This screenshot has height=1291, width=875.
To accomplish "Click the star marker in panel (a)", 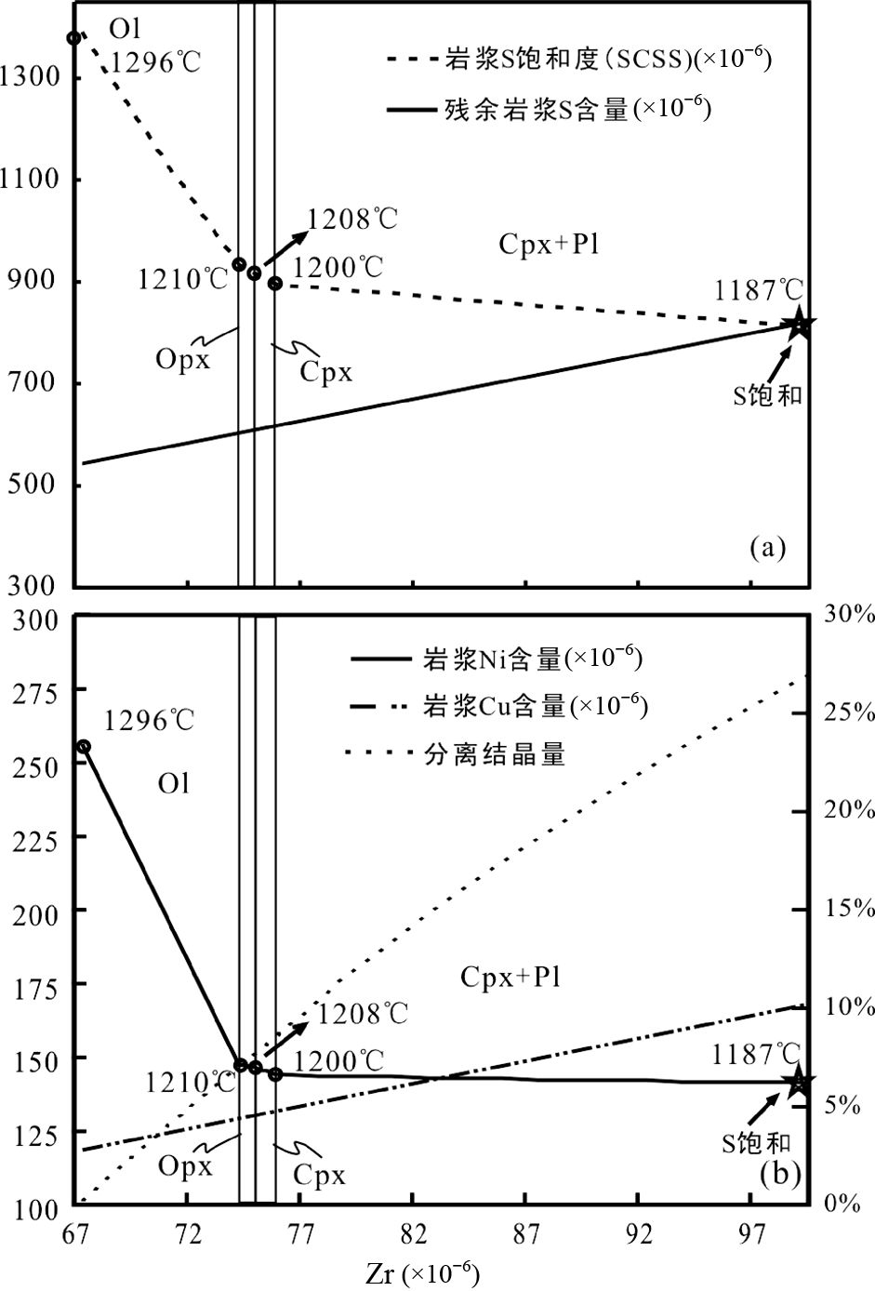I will pyautogui.click(x=800, y=326).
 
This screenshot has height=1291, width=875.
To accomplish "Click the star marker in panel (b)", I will pyautogui.click(x=798, y=1081).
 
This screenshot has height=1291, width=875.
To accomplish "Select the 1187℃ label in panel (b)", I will pyautogui.click(x=756, y=1054).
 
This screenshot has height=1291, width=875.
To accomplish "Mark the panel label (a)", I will pyautogui.click(x=767, y=548).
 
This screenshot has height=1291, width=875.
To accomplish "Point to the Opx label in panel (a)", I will pyautogui.click(x=183, y=359).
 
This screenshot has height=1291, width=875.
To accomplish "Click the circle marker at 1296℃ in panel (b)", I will pyautogui.click(x=84, y=746).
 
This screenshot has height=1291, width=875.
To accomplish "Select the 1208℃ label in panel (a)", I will pyautogui.click(x=352, y=219).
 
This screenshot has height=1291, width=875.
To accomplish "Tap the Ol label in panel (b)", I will pyautogui.click(x=173, y=783).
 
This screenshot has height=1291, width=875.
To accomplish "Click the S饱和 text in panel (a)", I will pyautogui.click(x=766, y=395).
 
